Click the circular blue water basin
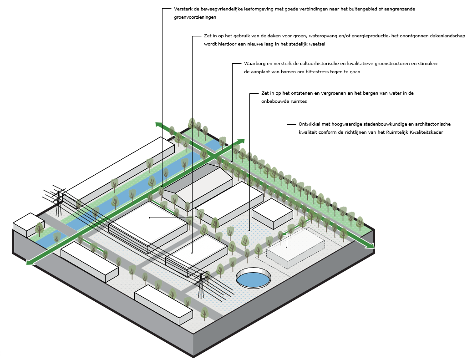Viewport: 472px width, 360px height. [x=253, y=278]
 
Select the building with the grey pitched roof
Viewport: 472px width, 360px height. [x=198, y=184]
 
